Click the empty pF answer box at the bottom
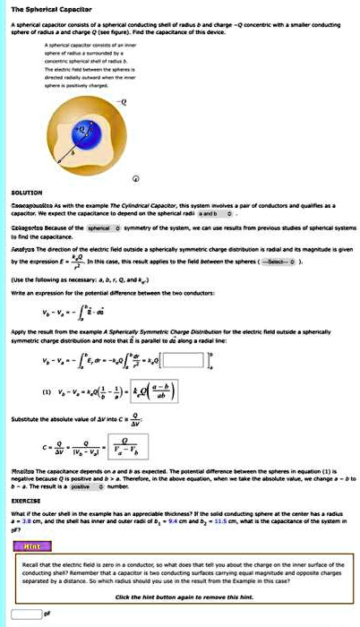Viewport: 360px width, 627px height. coord(23,614)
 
